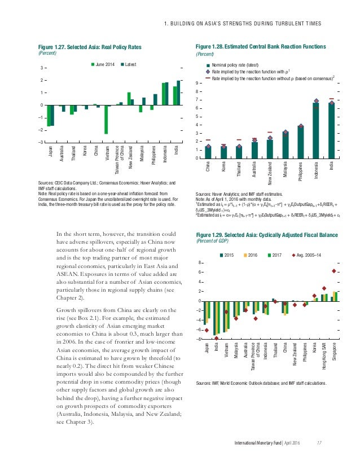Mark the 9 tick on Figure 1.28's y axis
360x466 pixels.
tap(198, 83)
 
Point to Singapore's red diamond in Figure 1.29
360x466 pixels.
tap(335, 271)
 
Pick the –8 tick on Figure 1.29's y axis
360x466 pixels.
tap(199, 339)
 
